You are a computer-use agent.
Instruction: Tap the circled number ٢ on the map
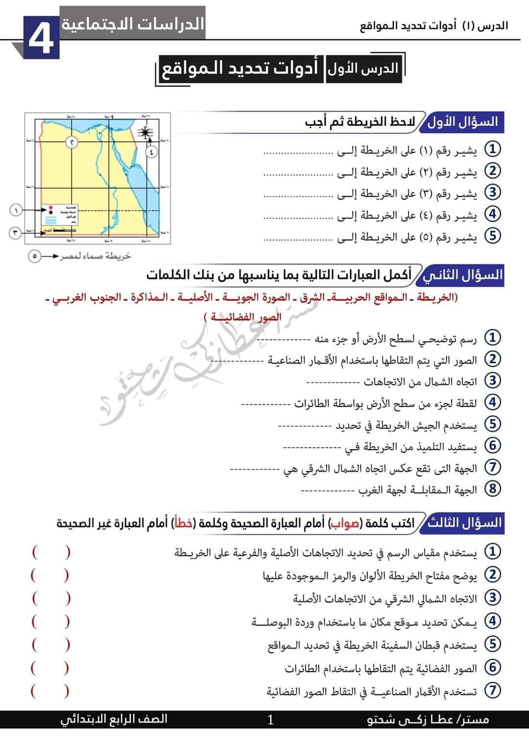coord(72,143)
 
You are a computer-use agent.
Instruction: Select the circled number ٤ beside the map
coord(151,151)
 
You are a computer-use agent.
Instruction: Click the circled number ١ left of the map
coord(16,210)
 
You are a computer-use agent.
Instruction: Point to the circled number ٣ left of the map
coord(16,232)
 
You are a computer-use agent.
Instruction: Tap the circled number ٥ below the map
coord(34,256)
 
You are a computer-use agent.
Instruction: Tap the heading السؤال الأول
coord(463,121)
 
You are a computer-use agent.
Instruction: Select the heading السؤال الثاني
coord(463,274)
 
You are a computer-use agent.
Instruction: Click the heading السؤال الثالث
coord(463,523)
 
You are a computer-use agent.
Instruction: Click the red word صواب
coord(345,523)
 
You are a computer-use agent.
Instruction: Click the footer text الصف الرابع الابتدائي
coord(114,719)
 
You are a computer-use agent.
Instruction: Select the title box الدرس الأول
coord(363,69)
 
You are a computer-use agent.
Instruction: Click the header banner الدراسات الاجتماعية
coord(132,23)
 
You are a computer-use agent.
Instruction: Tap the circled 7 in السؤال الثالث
coord(492,691)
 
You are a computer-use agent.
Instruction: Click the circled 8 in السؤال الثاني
coord(492,488)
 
